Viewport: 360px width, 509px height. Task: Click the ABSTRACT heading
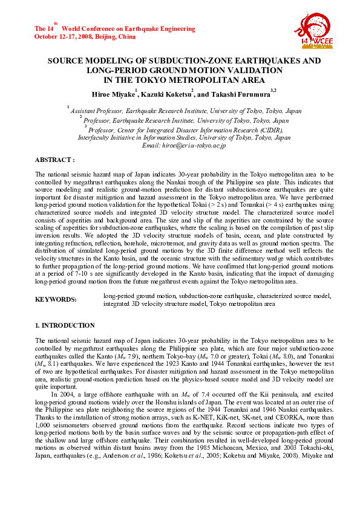(55, 160)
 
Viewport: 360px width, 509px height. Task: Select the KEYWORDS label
(56, 299)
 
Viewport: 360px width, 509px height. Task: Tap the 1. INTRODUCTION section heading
(65, 325)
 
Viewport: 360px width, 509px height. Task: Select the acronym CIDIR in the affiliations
(269, 129)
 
